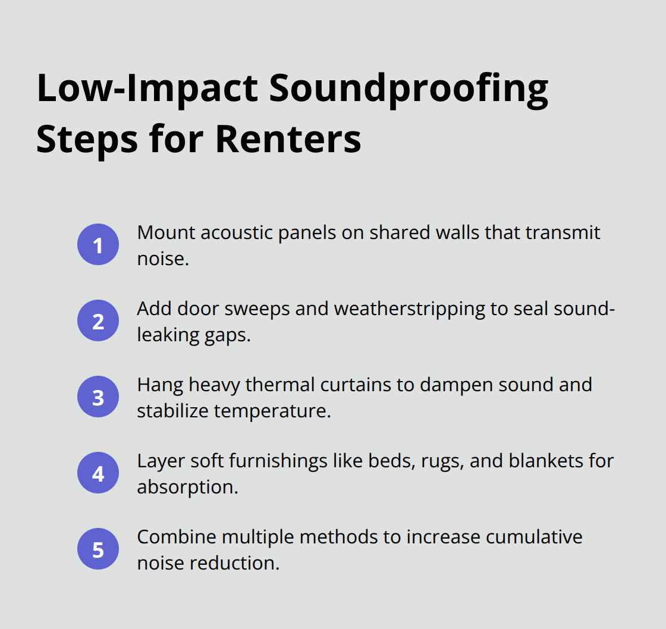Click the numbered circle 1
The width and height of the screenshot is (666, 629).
click(98, 245)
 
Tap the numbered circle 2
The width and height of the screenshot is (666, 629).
click(98, 321)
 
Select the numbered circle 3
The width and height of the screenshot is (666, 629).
click(98, 397)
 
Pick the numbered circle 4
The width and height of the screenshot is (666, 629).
click(98, 473)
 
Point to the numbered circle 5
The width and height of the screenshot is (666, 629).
click(98, 549)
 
